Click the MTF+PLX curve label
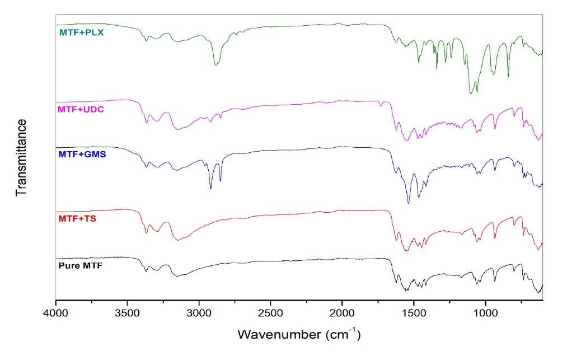pos(82,32)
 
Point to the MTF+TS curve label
pos(77,218)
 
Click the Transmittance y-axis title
pos(22,157)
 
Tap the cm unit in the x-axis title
pos(343,335)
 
